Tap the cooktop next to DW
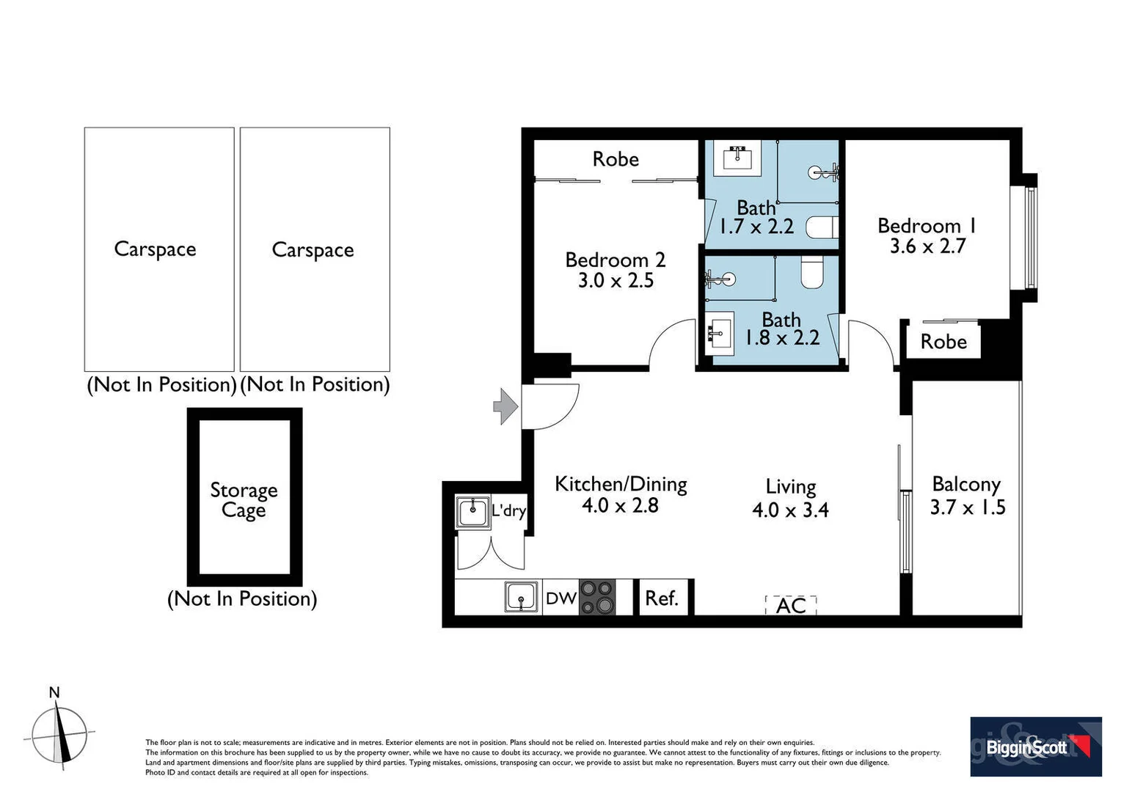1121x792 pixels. click(597, 598)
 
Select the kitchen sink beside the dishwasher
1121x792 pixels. click(521, 597)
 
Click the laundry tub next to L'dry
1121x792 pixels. click(472, 512)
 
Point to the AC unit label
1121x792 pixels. click(791, 606)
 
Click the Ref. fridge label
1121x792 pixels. click(661, 598)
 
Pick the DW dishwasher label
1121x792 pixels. click(560, 598)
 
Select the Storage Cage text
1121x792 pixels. click(244, 499)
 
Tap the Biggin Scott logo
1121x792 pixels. click(1035, 747)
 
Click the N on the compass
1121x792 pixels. click(54, 692)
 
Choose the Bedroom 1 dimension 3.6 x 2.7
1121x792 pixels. click(927, 246)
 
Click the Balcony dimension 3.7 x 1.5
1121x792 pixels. click(967, 507)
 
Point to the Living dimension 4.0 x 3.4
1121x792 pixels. click(790, 510)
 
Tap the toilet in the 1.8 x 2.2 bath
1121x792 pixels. click(813, 271)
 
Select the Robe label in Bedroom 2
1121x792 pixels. click(616, 159)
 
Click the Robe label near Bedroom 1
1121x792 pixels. click(943, 342)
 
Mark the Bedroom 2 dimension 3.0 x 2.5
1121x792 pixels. click(616, 280)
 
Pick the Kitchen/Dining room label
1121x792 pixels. click(621, 484)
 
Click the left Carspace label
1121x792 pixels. click(155, 249)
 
